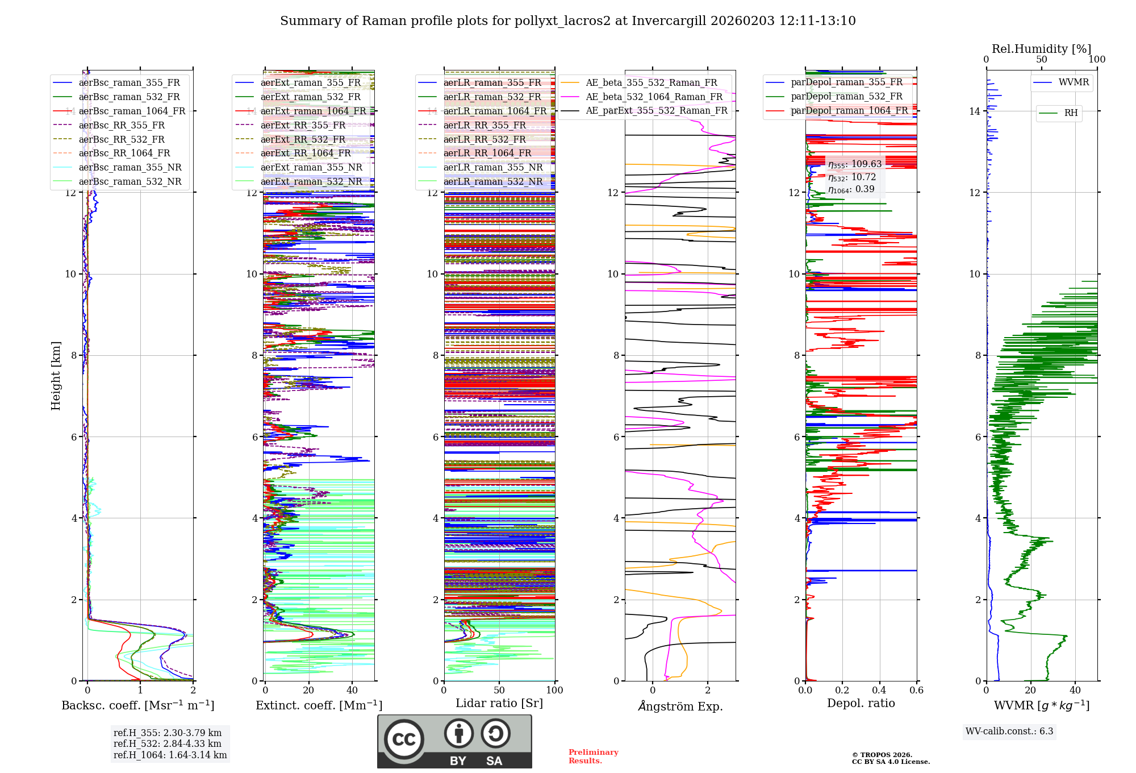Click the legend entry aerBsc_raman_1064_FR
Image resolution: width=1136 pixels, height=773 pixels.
[132, 111]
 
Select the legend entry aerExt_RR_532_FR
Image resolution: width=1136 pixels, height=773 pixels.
[303, 139]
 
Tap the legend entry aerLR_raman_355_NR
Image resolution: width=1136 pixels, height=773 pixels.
[493, 167]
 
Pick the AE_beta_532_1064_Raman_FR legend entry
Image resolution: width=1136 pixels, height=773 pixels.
[654, 97]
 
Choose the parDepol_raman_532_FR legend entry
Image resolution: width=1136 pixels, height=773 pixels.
[846, 96]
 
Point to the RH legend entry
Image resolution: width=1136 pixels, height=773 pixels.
[1071, 113]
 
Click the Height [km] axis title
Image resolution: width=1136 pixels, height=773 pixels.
[56, 376]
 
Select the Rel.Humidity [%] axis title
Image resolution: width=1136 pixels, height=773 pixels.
[1041, 49]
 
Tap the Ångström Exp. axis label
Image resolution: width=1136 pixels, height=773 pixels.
[680, 706]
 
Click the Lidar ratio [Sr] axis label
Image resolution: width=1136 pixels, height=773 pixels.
[499, 703]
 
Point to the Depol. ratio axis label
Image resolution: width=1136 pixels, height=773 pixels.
[861, 703]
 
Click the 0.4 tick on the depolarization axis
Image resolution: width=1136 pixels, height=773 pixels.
[879, 690]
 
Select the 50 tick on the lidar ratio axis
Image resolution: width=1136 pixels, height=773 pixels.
[499, 690]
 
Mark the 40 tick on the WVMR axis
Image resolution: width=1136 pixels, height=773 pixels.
[1075, 690]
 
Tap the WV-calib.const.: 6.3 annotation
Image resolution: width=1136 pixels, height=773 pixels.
[1009, 731]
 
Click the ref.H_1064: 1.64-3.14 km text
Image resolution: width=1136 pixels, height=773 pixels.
[170, 755]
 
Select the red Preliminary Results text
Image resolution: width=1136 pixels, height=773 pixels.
[593, 756]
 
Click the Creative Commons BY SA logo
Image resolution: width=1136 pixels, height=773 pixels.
[454, 741]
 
